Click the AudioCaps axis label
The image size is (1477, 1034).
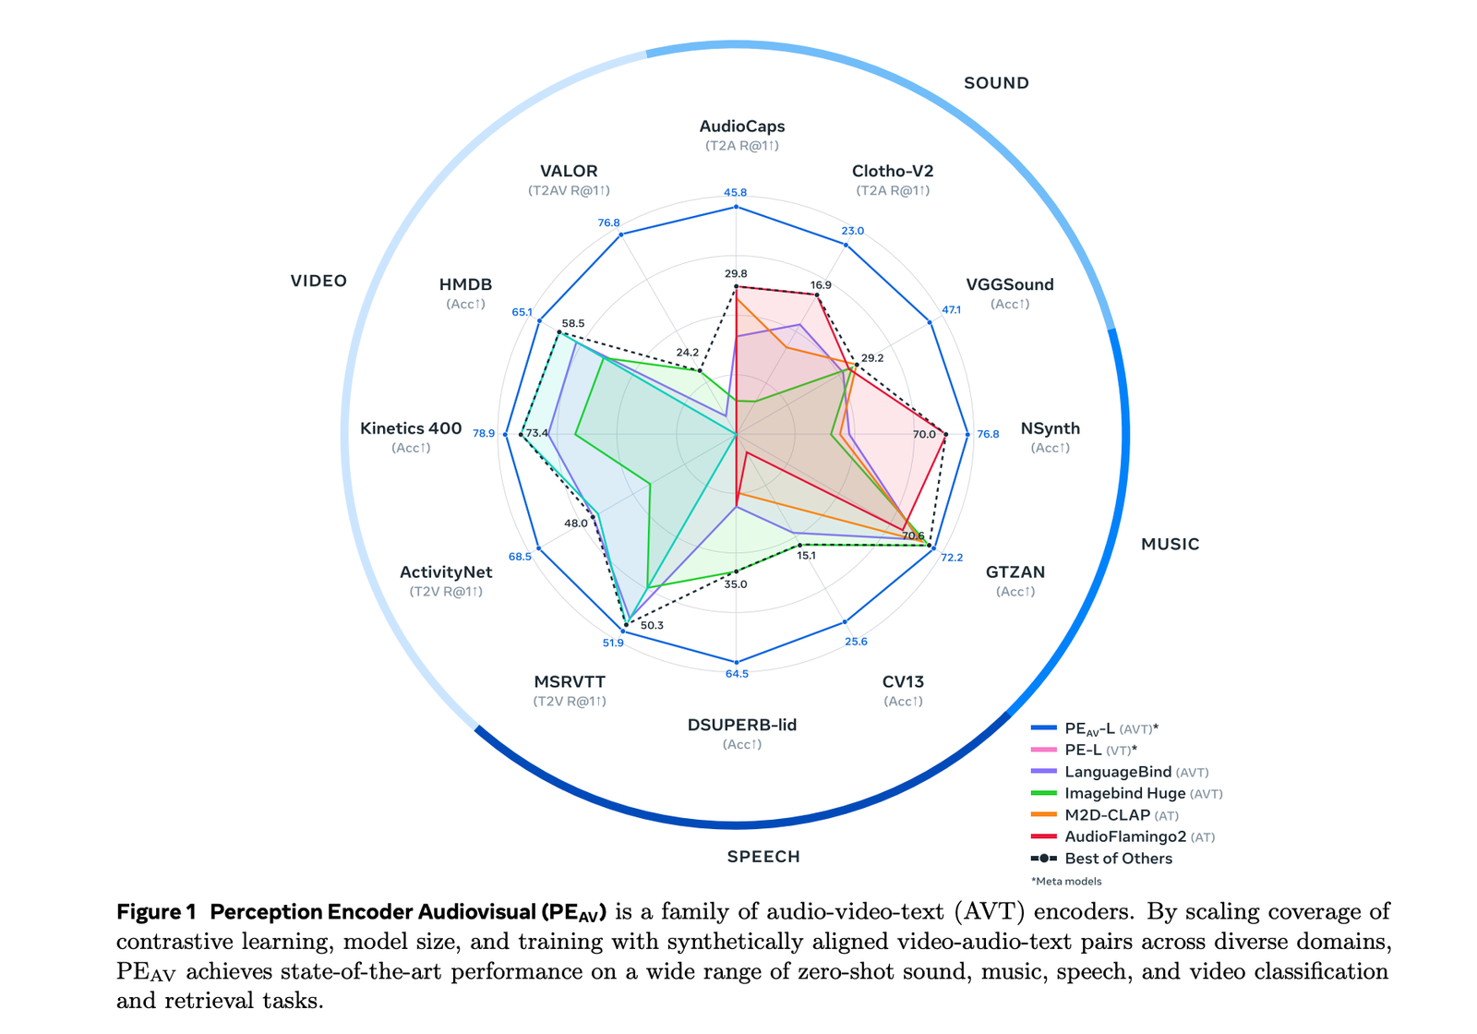741,126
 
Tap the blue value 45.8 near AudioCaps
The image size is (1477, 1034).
736,193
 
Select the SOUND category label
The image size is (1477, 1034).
996,83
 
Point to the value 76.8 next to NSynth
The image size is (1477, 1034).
988,434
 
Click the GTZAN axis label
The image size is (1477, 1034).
1015,572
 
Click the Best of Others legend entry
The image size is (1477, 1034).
1118,859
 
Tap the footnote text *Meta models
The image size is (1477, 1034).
1066,881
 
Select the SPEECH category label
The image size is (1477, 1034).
763,857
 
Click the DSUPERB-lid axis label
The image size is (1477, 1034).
741,725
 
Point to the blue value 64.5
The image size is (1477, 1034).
737,674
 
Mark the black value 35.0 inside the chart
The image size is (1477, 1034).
736,584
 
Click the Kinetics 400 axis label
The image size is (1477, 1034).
411,428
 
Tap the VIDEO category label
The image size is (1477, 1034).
318,281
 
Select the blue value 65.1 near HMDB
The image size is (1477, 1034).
522,312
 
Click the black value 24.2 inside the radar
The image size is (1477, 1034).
688,353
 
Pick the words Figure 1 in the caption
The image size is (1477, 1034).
156,912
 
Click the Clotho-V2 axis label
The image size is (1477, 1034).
893,172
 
